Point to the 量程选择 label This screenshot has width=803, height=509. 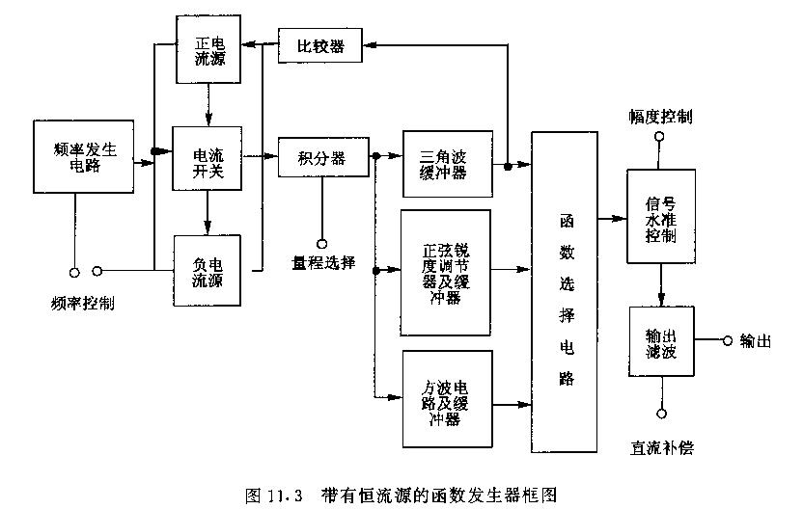tap(323, 263)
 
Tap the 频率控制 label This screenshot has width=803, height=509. tap(83, 301)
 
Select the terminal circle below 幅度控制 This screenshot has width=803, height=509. tap(660, 137)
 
